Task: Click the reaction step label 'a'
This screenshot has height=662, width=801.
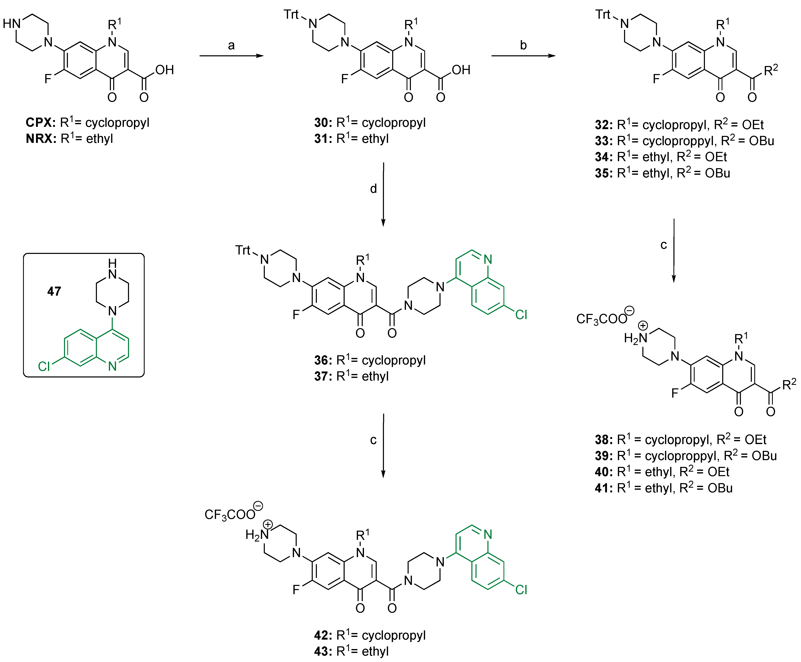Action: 231,46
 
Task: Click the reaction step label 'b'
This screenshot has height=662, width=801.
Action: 523,45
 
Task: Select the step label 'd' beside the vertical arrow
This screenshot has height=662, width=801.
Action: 373,189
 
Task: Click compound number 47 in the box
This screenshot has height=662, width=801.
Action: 54,292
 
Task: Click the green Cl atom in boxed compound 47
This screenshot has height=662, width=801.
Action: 44,366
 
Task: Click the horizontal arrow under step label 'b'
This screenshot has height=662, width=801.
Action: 523,56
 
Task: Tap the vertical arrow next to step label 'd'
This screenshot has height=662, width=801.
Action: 383,194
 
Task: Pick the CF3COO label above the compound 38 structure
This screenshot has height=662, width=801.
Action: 601,319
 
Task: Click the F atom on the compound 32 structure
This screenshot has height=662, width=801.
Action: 656,79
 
